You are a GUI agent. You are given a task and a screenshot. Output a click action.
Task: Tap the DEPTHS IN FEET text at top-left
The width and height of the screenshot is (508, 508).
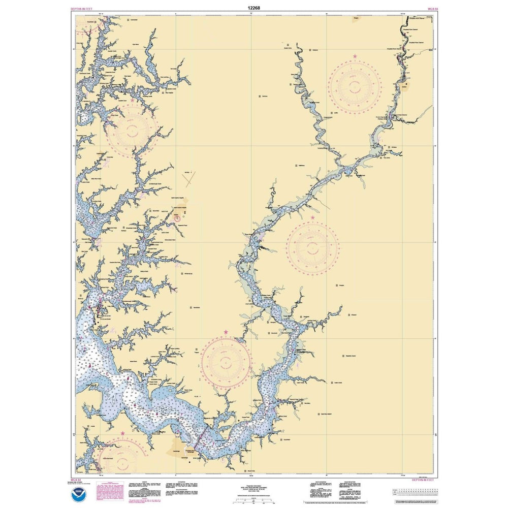[82, 9]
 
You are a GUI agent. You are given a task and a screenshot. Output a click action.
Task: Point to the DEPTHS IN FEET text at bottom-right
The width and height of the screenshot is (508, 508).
[423, 479]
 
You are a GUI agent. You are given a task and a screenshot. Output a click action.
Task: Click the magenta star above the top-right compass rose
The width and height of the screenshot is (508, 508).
[355, 55]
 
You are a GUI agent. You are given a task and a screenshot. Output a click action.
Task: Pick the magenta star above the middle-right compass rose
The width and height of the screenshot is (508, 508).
[312, 218]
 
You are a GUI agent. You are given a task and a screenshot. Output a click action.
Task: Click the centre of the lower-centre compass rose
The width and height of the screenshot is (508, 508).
[226, 362]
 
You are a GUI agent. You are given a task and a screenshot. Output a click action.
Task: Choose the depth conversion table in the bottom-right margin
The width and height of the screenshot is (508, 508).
[417, 491]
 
